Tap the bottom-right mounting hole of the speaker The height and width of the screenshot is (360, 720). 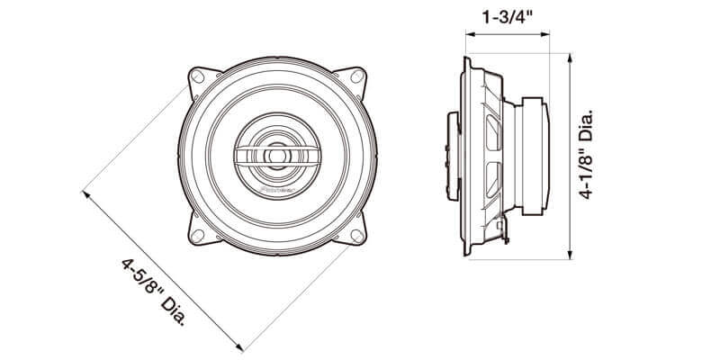(356, 236)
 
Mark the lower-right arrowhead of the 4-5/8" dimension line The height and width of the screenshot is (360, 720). (240, 347)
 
